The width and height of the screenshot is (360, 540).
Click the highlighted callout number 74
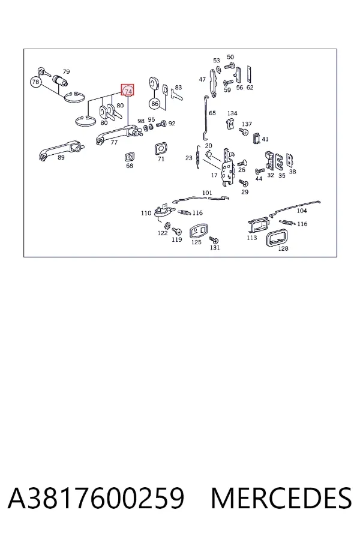tap(128, 90)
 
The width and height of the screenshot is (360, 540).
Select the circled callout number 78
tap(36, 82)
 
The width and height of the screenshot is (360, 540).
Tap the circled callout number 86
tap(155, 103)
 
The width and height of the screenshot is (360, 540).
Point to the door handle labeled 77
tap(117, 134)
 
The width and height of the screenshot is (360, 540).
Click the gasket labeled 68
tap(129, 157)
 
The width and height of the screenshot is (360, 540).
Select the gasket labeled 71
tap(161, 149)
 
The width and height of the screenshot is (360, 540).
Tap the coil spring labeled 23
tap(198, 157)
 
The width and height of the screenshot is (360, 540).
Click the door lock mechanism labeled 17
tap(227, 169)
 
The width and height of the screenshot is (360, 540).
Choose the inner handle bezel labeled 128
tap(278, 238)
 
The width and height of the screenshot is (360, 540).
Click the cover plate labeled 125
tap(199, 231)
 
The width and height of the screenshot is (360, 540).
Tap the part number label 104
tap(302, 211)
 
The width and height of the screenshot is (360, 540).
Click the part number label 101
tap(207, 193)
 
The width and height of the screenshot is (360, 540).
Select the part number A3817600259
tap(96, 498)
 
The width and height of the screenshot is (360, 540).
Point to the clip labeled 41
tap(256, 138)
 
